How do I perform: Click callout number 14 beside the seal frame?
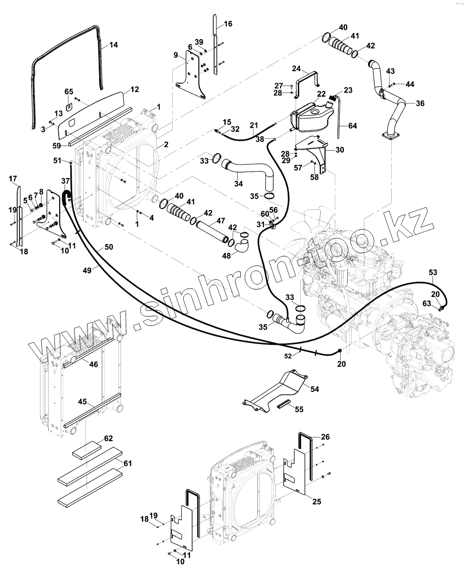(114, 45)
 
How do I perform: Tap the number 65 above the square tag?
(69, 92)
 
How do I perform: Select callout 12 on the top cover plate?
(134, 89)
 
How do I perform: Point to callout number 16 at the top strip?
(228, 24)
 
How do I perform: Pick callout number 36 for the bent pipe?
(420, 103)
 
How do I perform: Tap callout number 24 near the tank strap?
(296, 69)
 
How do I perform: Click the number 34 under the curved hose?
(238, 184)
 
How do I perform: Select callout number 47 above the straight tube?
(221, 221)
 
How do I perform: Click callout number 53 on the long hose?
(433, 272)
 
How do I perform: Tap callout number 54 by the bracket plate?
(315, 389)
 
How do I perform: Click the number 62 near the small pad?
(108, 438)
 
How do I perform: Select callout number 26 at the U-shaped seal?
(325, 437)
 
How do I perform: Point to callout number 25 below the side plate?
(316, 502)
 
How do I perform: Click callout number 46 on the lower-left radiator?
(94, 364)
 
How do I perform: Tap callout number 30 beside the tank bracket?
(340, 150)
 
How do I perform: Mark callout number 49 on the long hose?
(87, 271)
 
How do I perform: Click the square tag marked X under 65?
(69, 107)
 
